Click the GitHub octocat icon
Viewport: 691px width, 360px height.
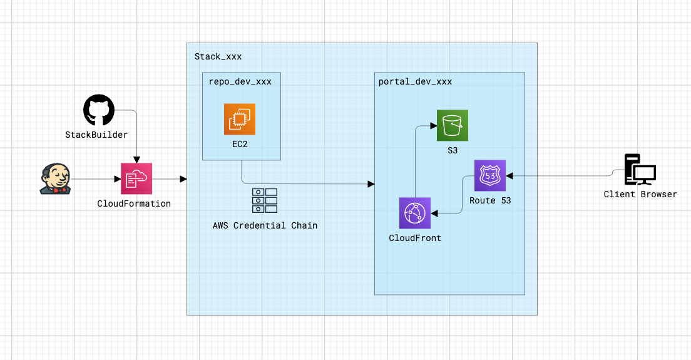pyautogui.click(x=99, y=111)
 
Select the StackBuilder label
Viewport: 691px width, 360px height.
pyautogui.click(x=96, y=135)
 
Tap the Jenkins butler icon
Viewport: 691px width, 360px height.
pyautogui.click(x=54, y=179)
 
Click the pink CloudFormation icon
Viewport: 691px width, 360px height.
pyautogui.click(x=136, y=179)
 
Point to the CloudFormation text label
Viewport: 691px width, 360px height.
pyautogui.click(x=134, y=203)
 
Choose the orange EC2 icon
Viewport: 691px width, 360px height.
pyautogui.click(x=240, y=119)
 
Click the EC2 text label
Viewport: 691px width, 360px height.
pyautogui.click(x=240, y=143)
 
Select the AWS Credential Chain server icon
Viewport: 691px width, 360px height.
pyautogui.click(x=265, y=200)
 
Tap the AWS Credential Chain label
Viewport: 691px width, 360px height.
pyautogui.click(x=265, y=225)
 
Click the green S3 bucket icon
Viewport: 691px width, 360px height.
pyautogui.click(x=453, y=125)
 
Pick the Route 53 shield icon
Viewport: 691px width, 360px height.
pyautogui.click(x=490, y=176)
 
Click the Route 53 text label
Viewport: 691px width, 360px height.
pyautogui.click(x=490, y=200)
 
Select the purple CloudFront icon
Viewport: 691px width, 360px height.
pyautogui.click(x=415, y=213)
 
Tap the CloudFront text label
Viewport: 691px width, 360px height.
pyautogui.click(x=415, y=238)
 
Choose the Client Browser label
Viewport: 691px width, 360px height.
pyautogui.click(x=640, y=194)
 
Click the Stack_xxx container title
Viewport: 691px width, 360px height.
pyautogui.click(x=218, y=56)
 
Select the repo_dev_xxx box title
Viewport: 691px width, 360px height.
pyautogui.click(x=240, y=81)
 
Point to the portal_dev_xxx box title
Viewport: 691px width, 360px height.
pyautogui.click(x=415, y=81)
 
